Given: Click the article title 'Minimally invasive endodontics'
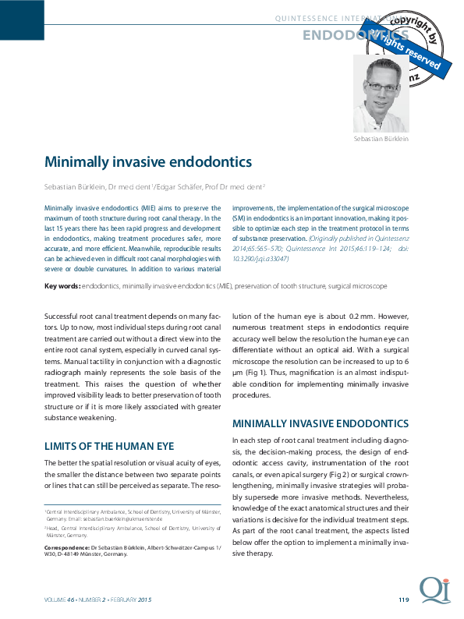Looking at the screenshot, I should (x=148, y=162).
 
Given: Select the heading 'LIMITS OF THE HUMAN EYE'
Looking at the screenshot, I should (x=109, y=447).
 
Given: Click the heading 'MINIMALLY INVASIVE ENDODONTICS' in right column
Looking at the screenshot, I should (x=321, y=424).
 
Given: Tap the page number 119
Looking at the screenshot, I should (x=403, y=600).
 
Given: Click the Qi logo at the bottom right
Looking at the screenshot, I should (x=433, y=590).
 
